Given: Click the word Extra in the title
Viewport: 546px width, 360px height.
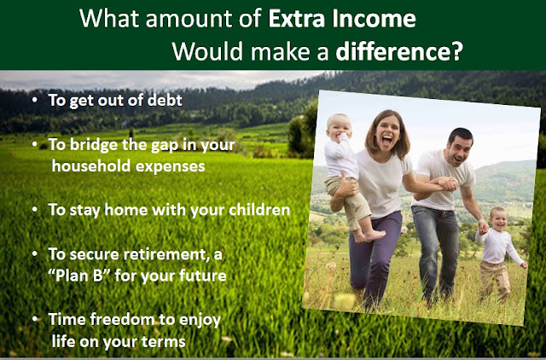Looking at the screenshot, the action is (x=298, y=19).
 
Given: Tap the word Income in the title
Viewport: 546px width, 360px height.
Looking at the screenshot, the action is (x=374, y=19).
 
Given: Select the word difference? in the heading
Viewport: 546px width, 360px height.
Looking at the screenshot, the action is (x=399, y=51).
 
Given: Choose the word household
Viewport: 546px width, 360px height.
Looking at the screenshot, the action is (x=91, y=166).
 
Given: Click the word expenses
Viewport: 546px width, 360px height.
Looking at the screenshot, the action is (x=171, y=166).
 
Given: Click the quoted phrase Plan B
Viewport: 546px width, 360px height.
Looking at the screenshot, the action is (x=76, y=276).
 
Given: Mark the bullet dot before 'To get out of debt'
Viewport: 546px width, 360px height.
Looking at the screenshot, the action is (x=34, y=101).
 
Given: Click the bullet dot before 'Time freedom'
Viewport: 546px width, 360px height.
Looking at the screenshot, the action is (x=34, y=319).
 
